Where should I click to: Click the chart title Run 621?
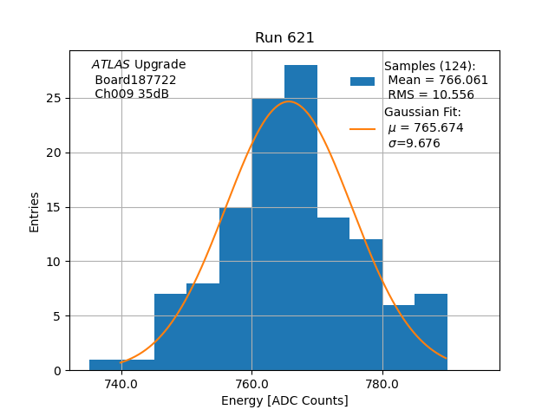(284, 38)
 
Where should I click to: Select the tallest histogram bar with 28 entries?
(301, 218)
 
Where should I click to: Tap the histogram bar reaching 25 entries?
(268, 234)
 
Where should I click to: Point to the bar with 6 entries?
(398, 337)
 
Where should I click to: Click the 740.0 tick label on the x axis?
(121, 384)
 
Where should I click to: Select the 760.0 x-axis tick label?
(251, 384)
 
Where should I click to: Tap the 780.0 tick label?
(382, 384)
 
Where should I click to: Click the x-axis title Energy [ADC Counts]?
(284, 400)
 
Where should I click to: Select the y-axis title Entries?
(35, 211)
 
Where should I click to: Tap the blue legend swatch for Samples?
(362, 81)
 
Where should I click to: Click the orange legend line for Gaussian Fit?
(362, 128)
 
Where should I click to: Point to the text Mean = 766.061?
(438, 81)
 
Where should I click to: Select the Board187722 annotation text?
(135, 80)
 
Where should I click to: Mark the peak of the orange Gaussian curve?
(289, 101)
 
